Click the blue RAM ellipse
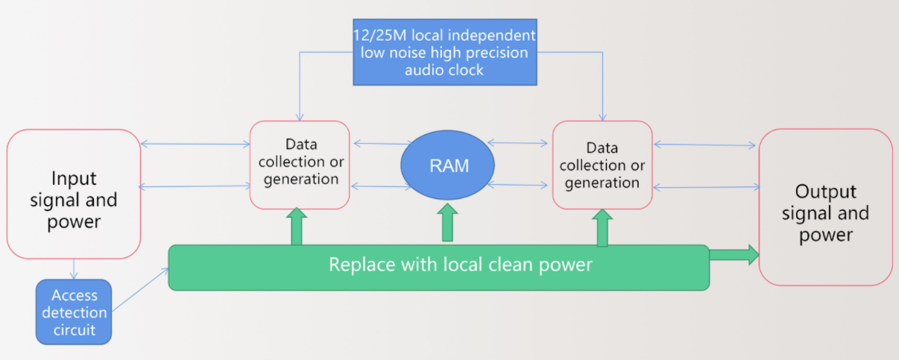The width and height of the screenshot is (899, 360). pyautogui.click(x=448, y=165)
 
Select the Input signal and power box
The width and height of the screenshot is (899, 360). pyautogui.click(x=73, y=194)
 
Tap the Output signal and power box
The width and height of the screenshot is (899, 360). pyautogui.click(x=825, y=207)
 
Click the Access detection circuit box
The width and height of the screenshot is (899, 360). pyautogui.click(x=74, y=312)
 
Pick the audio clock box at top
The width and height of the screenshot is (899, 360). pyautogui.click(x=444, y=51)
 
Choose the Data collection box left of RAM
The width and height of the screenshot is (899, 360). pyautogui.click(x=300, y=165)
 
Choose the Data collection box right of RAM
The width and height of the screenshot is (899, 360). pyautogui.click(x=602, y=165)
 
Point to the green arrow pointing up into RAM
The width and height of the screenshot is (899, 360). pyautogui.click(x=448, y=222)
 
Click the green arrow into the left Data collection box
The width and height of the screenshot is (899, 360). pyautogui.click(x=297, y=227)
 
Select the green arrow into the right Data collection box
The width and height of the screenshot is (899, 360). pyautogui.click(x=602, y=228)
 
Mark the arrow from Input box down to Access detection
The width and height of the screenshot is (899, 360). pyautogui.click(x=73, y=269)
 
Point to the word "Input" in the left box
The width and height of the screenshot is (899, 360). pyautogui.click(x=74, y=179)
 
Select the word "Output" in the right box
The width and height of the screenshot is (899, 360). pyautogui.click(x=824, y=192)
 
